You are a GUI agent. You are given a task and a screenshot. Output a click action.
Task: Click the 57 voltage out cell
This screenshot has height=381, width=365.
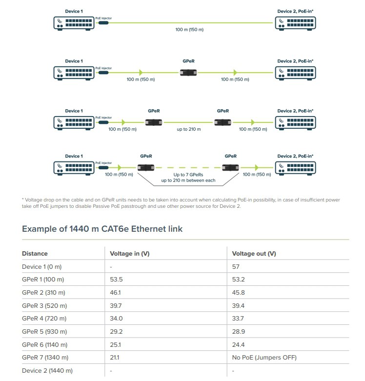[236, 266]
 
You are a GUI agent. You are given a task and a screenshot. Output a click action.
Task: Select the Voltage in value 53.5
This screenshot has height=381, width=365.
[116, 280]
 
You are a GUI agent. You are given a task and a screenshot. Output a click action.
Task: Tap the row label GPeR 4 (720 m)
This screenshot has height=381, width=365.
[44, 319]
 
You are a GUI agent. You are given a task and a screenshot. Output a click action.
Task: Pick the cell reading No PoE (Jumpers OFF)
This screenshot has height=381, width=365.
[264, 358]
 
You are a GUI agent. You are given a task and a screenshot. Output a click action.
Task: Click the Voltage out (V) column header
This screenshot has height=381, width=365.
[254, 254]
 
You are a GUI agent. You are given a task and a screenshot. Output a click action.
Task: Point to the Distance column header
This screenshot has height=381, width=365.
[35, 254]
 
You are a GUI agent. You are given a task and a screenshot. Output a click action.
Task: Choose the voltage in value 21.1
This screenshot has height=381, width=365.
[115, 358]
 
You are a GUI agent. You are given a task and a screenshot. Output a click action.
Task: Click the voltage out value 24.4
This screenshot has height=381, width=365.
[238, 344]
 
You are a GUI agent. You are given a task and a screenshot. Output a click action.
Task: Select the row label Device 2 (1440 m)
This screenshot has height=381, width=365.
[47, 371]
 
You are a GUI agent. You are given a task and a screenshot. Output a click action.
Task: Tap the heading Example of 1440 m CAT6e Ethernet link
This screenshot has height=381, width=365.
[102, 229]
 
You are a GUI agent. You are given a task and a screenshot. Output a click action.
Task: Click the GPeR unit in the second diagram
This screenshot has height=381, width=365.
[188, 73]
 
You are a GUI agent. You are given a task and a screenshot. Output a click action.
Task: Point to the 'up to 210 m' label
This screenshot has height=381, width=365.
[188, 129]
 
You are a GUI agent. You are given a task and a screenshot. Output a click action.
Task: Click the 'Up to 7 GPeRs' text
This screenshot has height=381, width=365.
[188, 175]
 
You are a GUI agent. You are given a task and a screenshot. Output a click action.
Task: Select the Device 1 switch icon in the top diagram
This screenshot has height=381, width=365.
[74, 23]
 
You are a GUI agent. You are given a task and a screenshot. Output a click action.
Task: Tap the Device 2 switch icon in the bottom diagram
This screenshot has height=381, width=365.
[296, 168]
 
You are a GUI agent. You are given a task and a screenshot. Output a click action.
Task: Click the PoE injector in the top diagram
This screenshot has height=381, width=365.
[103, 23]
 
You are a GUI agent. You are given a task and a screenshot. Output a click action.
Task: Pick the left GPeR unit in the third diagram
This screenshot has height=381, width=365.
[154, 122]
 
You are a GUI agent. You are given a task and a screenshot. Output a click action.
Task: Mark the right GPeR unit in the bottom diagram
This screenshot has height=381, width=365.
[230, 168]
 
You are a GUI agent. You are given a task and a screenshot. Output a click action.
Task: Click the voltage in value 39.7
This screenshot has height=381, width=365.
[116, 306]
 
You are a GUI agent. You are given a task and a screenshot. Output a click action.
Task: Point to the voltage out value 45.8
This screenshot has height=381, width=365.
[238, 293]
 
